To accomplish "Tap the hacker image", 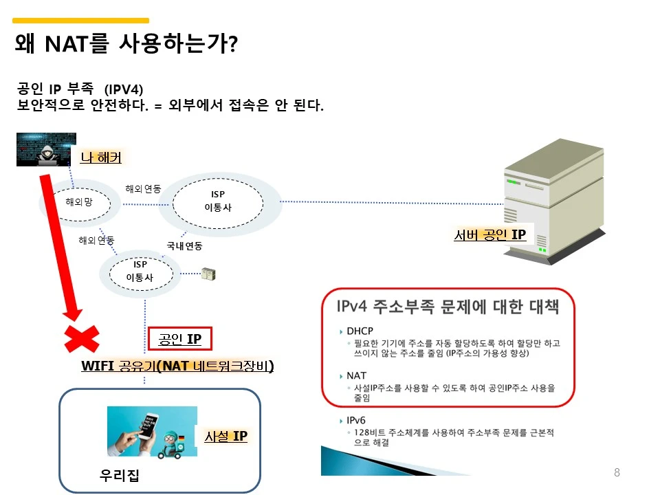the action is tap(45, 149).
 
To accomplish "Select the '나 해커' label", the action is tap(101, 157).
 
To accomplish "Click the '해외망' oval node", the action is tap(78, 201).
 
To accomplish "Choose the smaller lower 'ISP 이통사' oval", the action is tap(140, 272).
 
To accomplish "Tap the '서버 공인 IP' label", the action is tap(489, 235).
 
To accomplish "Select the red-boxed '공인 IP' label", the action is tap(179, 339).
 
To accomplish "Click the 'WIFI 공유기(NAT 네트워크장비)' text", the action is tap(177, 366).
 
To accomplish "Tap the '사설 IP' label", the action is tap(225, 436).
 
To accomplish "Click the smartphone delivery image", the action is tap(152, 431).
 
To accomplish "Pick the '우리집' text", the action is tap(120, 475).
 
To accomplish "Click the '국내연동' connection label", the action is tap(184, 245).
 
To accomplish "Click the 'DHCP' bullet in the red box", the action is tap(360, 331).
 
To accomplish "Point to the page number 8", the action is tap(617, 472).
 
